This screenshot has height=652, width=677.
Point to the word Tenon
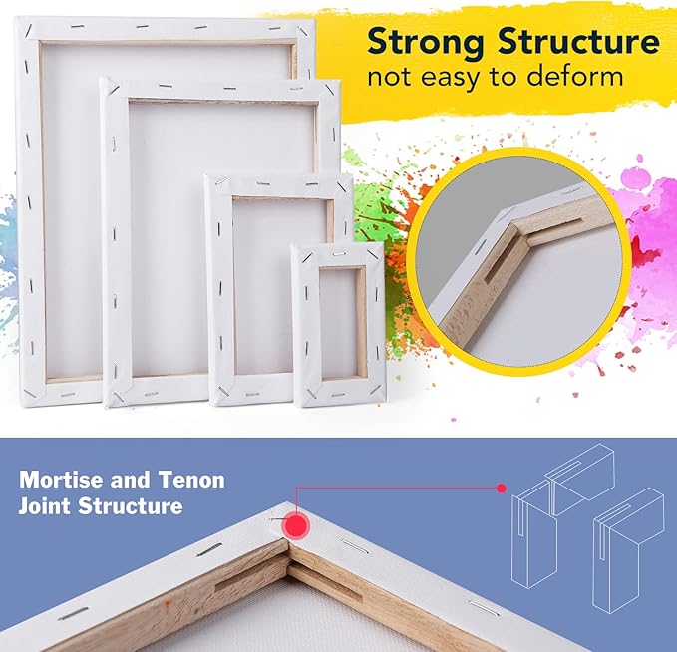(x=191, y=480)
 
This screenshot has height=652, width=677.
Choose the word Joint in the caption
(x=49, y=506)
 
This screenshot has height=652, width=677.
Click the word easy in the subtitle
(x=481, y=78)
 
